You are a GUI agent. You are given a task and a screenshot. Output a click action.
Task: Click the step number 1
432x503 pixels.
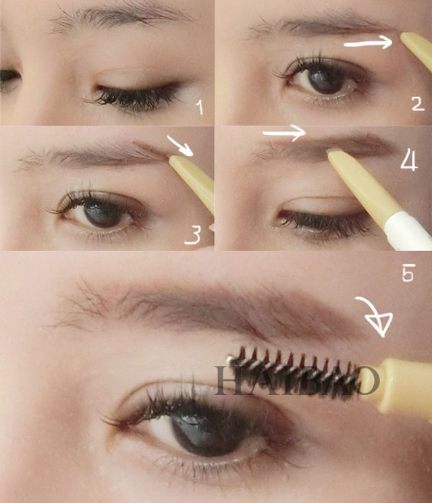200,107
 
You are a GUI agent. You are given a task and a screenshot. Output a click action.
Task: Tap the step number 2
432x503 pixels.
418,104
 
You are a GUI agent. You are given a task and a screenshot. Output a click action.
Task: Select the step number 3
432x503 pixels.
192,235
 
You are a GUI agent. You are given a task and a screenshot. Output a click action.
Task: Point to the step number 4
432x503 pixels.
409,160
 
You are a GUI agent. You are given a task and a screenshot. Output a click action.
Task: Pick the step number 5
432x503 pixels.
408,272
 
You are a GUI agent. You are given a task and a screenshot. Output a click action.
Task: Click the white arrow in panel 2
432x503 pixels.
369,43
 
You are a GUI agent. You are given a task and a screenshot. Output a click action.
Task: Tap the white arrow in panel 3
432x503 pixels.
180,145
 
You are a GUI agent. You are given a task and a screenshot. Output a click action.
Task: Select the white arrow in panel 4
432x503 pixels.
283,132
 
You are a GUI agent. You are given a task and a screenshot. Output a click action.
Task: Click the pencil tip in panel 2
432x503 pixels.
405,37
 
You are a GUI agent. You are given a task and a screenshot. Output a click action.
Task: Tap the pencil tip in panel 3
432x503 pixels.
173,159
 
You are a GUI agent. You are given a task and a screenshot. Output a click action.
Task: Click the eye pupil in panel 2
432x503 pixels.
326,80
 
